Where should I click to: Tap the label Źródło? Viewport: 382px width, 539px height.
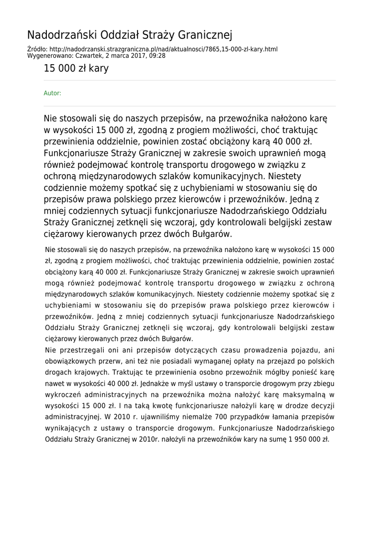point(37,49)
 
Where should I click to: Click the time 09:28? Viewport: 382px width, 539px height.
point(156,55)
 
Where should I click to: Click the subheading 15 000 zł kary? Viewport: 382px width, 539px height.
point(76,68)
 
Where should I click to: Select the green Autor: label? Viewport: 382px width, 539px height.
point(52,93)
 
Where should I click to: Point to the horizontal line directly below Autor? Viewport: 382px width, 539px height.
point(190,106)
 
